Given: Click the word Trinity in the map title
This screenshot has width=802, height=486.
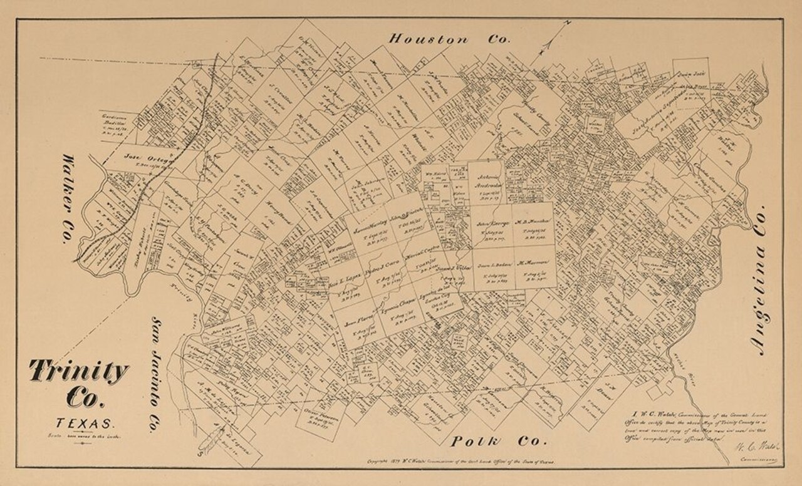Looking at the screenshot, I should (x=78, y=372).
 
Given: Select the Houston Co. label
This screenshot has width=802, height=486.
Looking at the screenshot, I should (x=449, y=39).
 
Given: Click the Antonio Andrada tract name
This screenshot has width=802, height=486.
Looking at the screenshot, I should (x=486, y=173).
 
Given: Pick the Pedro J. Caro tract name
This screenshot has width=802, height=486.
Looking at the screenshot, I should (x=385, y=265).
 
